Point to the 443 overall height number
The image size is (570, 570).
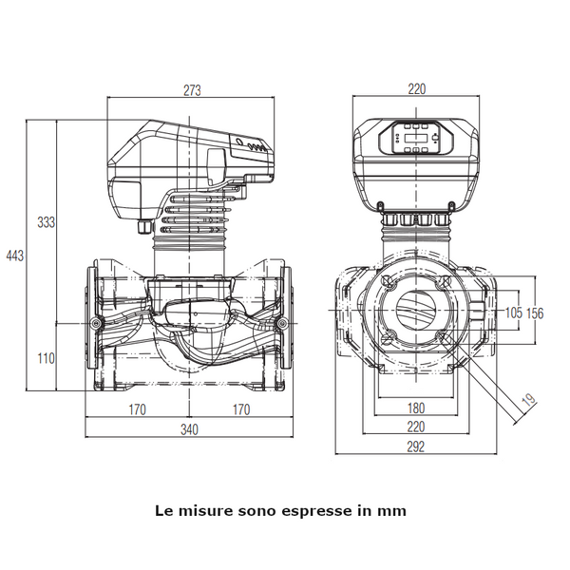14,256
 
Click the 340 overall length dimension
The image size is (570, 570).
190,430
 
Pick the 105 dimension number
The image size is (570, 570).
512,313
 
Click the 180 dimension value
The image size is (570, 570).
417,409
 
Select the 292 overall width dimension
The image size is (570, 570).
417,446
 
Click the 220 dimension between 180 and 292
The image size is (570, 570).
417,427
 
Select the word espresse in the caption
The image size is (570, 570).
317,510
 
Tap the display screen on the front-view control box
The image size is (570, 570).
415,142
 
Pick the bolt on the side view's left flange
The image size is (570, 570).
97,325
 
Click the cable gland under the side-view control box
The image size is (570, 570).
143,226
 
